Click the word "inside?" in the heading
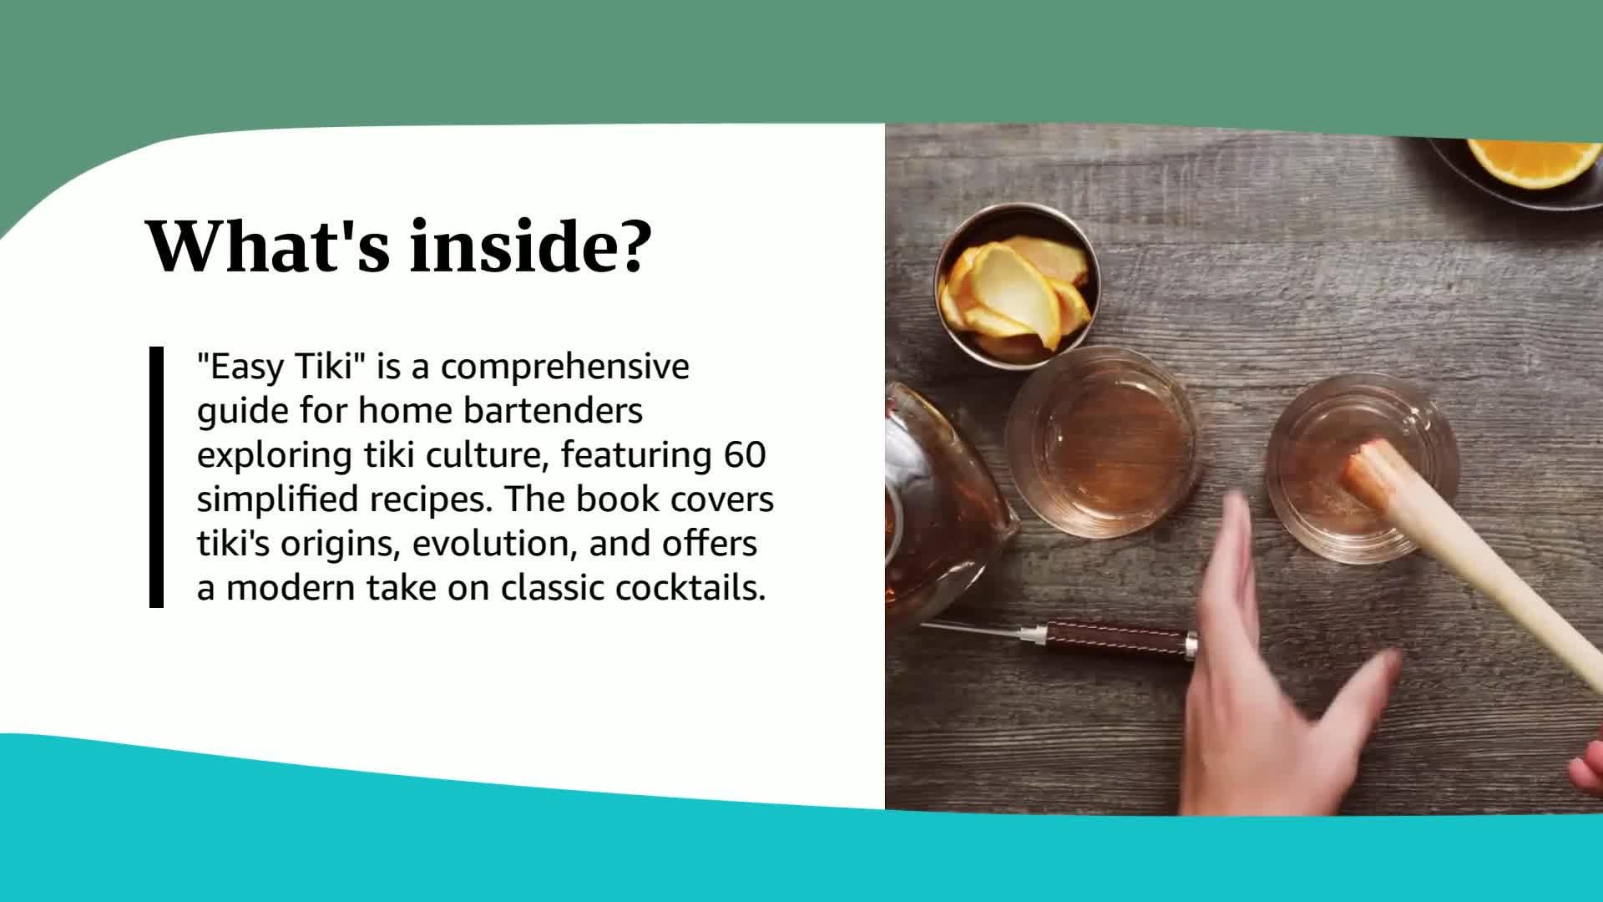(x=528, y=246)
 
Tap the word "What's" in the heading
(x=268, y=246)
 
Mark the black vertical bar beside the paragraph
(x=156, y=477)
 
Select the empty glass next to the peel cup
(x=1104, y=443)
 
